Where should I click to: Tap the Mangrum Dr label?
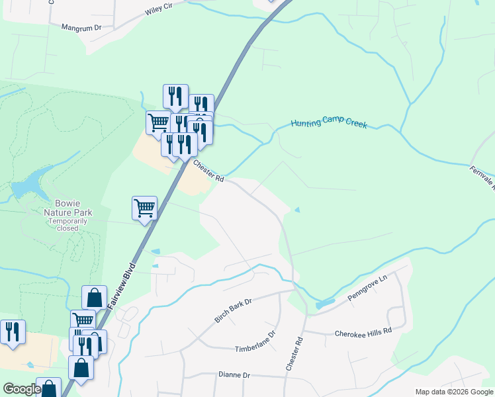pos(81,28)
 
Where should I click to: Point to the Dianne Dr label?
pos(234,375)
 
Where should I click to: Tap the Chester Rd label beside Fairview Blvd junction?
pos(208,171)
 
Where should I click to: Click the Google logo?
pos(22,390)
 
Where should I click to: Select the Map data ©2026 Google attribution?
pos(453,392)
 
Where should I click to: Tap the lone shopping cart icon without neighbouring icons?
pos(144,208)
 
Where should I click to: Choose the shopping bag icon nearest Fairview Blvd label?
pos(94,297)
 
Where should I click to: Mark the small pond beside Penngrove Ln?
pos(325,304)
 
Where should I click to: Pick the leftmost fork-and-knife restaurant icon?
pos(13,331)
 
